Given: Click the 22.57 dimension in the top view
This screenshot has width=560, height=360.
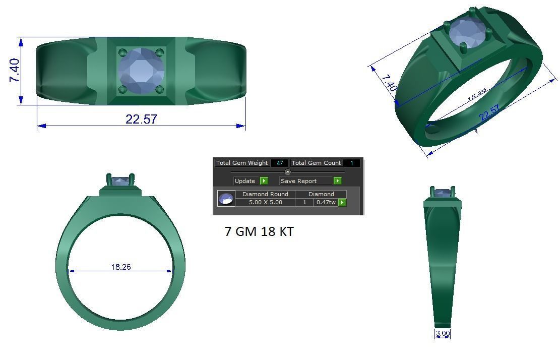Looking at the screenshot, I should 141,119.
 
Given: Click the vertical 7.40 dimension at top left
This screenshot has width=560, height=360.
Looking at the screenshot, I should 15,71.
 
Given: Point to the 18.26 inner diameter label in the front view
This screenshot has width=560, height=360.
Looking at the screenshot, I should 121,267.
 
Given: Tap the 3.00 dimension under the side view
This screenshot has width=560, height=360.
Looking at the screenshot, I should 442,333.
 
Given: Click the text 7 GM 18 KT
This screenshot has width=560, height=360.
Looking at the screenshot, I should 259,231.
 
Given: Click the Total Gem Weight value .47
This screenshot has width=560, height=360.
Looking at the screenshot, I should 279,163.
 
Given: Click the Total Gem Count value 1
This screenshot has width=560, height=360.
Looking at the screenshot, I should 351,163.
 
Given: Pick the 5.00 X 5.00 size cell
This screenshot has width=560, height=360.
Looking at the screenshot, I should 265,202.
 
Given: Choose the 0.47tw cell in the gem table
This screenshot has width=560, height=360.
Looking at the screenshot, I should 326,202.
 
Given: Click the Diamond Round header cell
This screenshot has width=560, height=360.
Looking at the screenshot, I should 265,194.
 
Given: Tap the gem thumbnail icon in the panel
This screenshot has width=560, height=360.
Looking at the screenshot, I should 226,199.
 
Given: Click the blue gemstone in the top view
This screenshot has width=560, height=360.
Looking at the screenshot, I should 141,71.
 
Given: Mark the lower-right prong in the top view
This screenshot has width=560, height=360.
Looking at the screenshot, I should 160,90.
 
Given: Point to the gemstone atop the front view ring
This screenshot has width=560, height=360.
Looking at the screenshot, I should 120,180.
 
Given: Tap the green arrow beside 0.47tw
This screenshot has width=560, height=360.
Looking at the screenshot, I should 342,202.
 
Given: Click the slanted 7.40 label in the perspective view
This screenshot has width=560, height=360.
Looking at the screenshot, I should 389,83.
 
